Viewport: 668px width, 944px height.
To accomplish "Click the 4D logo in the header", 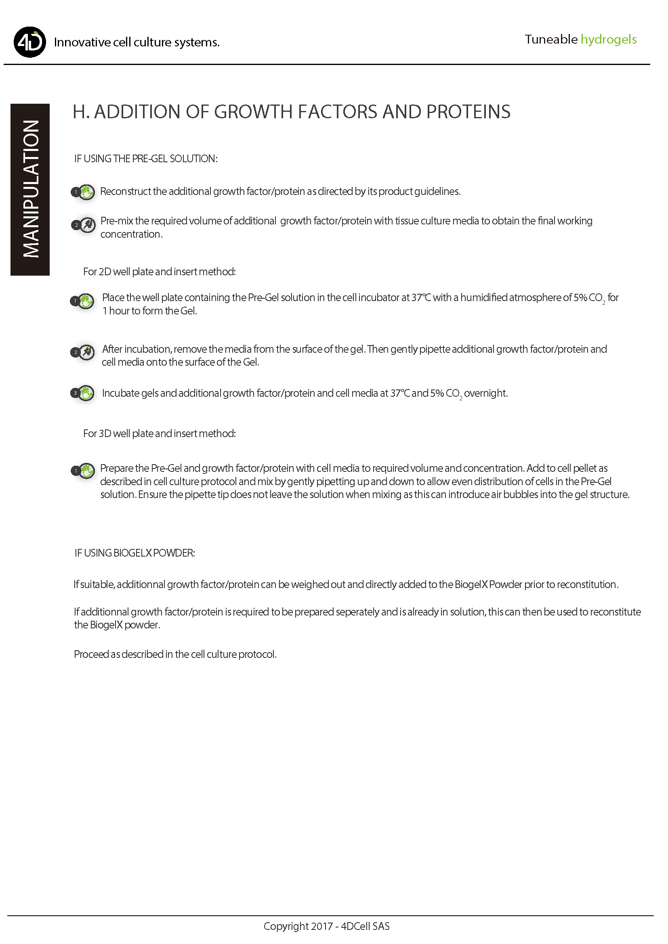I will (30, 42).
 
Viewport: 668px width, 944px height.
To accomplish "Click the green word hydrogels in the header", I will (608, 40).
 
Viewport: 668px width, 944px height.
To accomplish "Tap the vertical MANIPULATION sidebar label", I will (30, 190).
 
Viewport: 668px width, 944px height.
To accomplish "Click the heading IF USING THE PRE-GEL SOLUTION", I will (146, 159).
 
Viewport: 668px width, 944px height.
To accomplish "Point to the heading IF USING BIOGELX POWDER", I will (134, 553).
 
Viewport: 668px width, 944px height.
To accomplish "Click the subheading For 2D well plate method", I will (159, 272).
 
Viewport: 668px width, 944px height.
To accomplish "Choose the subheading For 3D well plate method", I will (159, 434).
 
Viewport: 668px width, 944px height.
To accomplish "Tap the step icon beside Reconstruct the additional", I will (84, 192).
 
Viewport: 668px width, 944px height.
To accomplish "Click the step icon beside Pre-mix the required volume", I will (84, 225).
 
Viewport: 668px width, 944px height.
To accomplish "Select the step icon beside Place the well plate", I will (83, 301).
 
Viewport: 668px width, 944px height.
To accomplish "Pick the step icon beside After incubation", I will (83, 352).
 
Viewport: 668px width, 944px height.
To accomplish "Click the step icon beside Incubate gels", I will (83, 394).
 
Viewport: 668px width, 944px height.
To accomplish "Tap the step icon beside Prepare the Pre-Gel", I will (84, 471).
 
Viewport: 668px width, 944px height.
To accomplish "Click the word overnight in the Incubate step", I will (486, 394).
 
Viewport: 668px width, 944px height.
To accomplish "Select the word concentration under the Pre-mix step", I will (131, 234).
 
